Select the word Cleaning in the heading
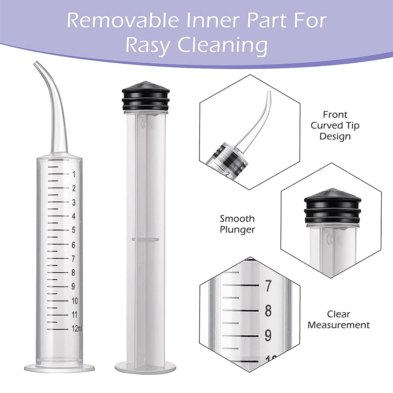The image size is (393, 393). click(222, 46)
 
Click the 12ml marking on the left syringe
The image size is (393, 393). click(77, 328)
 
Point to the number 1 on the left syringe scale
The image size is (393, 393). click(74, 174)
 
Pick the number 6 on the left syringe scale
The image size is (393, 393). click(73, 245)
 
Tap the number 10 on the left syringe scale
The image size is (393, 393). click(75, 301)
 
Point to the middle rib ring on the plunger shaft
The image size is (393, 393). click(145, 239)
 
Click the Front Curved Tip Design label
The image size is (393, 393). click(335, 125)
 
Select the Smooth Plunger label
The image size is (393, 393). click(237, 224)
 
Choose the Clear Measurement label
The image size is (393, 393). click(338, 320)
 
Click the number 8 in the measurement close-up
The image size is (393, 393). click(268, 311)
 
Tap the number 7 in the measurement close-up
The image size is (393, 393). click(268, 286)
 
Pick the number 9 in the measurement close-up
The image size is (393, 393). click(268, 335)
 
